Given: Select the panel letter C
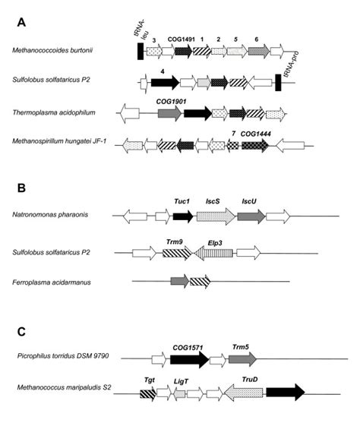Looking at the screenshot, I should coord(21,331).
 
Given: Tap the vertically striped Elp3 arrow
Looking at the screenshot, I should coord(215,256).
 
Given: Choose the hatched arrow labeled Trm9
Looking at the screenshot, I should coord(175,256).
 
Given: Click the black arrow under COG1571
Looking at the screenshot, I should coord(189,360).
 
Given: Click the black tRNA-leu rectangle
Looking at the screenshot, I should coord(141,51).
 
